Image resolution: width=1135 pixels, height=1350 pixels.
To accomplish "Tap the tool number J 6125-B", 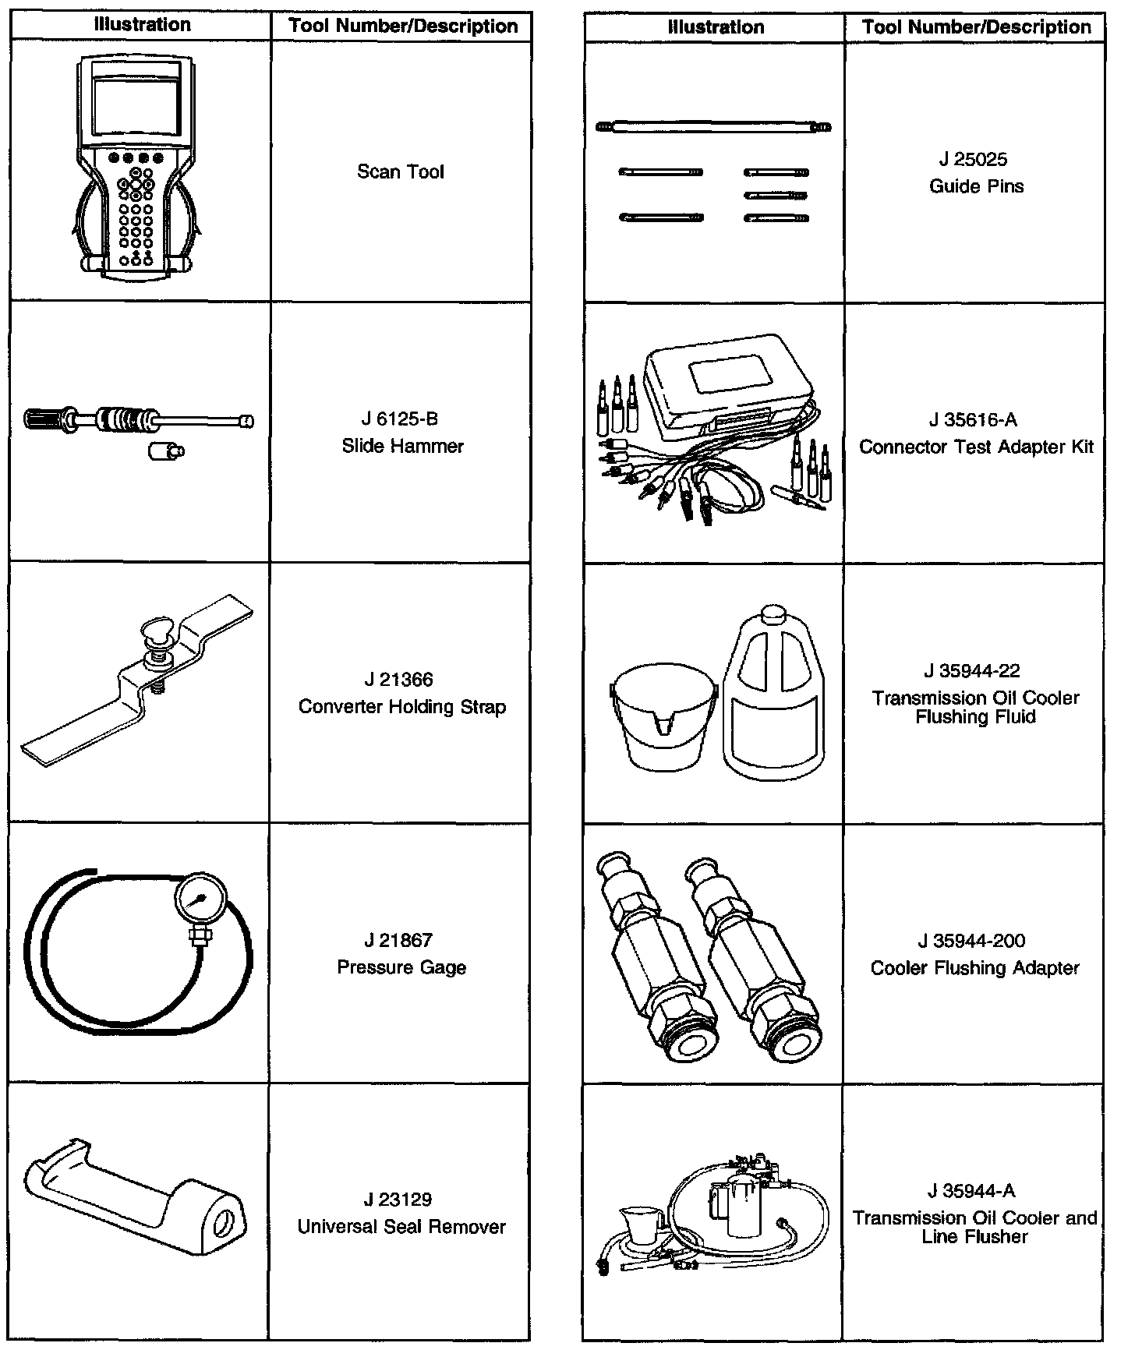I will [401, 419].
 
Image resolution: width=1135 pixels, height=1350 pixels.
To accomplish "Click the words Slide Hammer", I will [402, 447].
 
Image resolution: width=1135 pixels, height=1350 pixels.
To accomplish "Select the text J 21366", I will [400, 680].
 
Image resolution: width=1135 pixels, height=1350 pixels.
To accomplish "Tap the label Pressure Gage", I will [401, 968].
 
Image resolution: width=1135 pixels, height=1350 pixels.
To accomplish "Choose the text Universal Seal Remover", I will [401, 1228].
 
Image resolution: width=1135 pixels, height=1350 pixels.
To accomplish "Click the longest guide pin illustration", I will [713, 126].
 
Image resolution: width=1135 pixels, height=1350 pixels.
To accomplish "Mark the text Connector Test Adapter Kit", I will [976, 447].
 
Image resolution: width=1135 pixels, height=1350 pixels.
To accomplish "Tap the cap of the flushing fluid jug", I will [771, 613].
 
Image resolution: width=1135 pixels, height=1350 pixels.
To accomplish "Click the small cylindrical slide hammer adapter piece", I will [165, 451].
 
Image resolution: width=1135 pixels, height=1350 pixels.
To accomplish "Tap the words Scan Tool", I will [400, 172].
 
